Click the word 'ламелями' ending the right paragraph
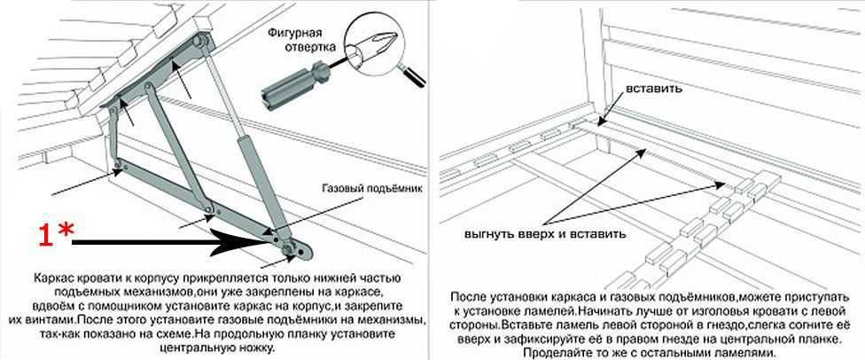[746, 352]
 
